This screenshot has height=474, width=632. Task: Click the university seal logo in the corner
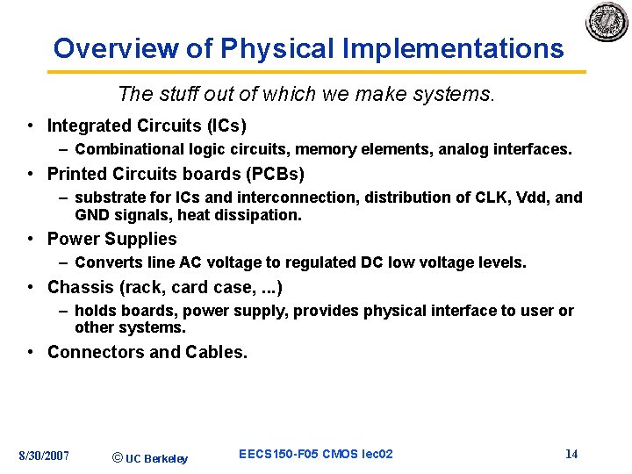point(607,21)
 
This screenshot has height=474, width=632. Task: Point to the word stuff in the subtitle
point(179,94)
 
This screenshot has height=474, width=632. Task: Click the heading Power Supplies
point(111,239)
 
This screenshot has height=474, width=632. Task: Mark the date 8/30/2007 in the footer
point(45,455)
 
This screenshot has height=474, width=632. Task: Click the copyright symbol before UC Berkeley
point(118,457)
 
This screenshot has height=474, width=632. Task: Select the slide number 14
point(571,454)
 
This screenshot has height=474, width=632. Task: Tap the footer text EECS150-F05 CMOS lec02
point(316,454)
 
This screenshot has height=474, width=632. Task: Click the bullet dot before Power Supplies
point(30,240)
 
